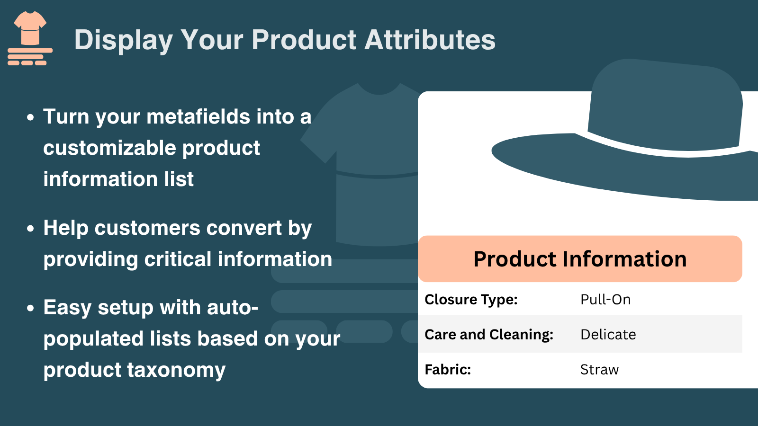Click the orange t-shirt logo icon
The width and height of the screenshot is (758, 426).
30,38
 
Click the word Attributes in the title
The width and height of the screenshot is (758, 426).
430,40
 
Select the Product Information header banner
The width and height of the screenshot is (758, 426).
580,259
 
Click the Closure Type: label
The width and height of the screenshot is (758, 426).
471,300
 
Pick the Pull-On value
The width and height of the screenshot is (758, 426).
605,300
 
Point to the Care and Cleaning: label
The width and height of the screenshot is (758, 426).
489,335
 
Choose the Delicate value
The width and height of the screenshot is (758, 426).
608,334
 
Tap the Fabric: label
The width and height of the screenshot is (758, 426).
448,369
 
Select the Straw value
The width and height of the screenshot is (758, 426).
599,370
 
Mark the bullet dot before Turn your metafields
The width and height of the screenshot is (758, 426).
30,117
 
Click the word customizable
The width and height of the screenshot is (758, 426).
109,148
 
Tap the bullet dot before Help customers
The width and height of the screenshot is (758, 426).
30,229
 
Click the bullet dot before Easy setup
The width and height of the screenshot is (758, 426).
30,308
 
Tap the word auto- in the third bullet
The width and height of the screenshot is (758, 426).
233,308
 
